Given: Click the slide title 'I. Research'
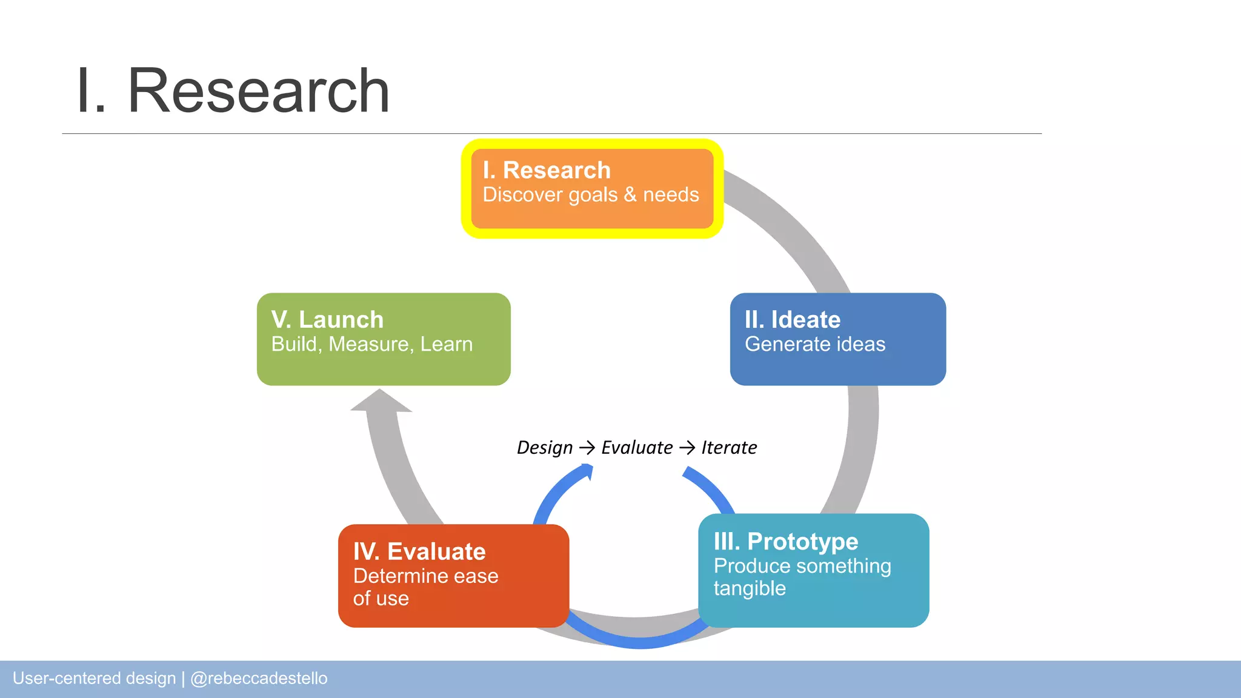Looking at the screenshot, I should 233,91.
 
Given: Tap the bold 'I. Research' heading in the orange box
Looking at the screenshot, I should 546,170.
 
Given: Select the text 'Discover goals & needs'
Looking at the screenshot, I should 590,195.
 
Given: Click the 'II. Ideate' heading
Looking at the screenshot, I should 792,319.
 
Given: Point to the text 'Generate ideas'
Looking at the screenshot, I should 814,344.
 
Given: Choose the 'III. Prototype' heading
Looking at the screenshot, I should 785,541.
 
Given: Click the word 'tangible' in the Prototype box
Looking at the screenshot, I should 749,588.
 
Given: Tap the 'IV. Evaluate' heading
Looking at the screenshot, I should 419,551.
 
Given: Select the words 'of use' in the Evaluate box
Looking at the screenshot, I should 381,599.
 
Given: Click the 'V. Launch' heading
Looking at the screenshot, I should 327,319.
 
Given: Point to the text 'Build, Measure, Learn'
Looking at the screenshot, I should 371,344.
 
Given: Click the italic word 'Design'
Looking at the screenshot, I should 544,448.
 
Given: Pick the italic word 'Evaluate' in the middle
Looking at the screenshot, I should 636,448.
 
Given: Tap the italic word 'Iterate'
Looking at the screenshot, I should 728,448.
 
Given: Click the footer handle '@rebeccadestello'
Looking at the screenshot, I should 259,678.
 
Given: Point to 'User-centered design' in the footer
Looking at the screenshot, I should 94,678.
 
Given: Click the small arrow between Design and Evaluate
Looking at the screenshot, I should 587,448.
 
